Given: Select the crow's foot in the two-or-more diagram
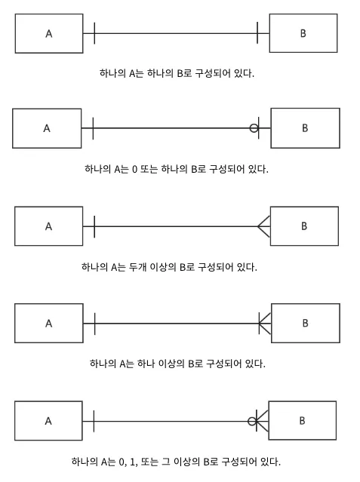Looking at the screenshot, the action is pos(264,226).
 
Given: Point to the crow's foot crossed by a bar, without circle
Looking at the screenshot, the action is pos(265,324).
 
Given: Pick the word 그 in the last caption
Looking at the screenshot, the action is pos(166,462).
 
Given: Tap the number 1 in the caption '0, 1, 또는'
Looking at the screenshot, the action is pos(133,462).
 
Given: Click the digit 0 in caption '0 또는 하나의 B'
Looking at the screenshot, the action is pos(134,170).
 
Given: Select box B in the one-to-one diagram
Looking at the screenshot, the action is pos(303,33).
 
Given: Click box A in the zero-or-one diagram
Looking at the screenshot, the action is pos(47,128).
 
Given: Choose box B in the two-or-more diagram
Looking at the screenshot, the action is pos(304,226).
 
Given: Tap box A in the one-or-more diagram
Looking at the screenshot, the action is pos(49,324).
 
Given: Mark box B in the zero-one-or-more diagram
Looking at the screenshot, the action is pos(302,420).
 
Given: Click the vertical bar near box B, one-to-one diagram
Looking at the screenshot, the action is pos(257,33).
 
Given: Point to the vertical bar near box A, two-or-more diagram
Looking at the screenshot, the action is pos(94,226).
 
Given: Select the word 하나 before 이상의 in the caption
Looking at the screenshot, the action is pos(146,364).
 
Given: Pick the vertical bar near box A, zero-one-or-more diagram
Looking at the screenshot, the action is pos(94,421).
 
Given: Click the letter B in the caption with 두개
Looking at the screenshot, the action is pos(183,267).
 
